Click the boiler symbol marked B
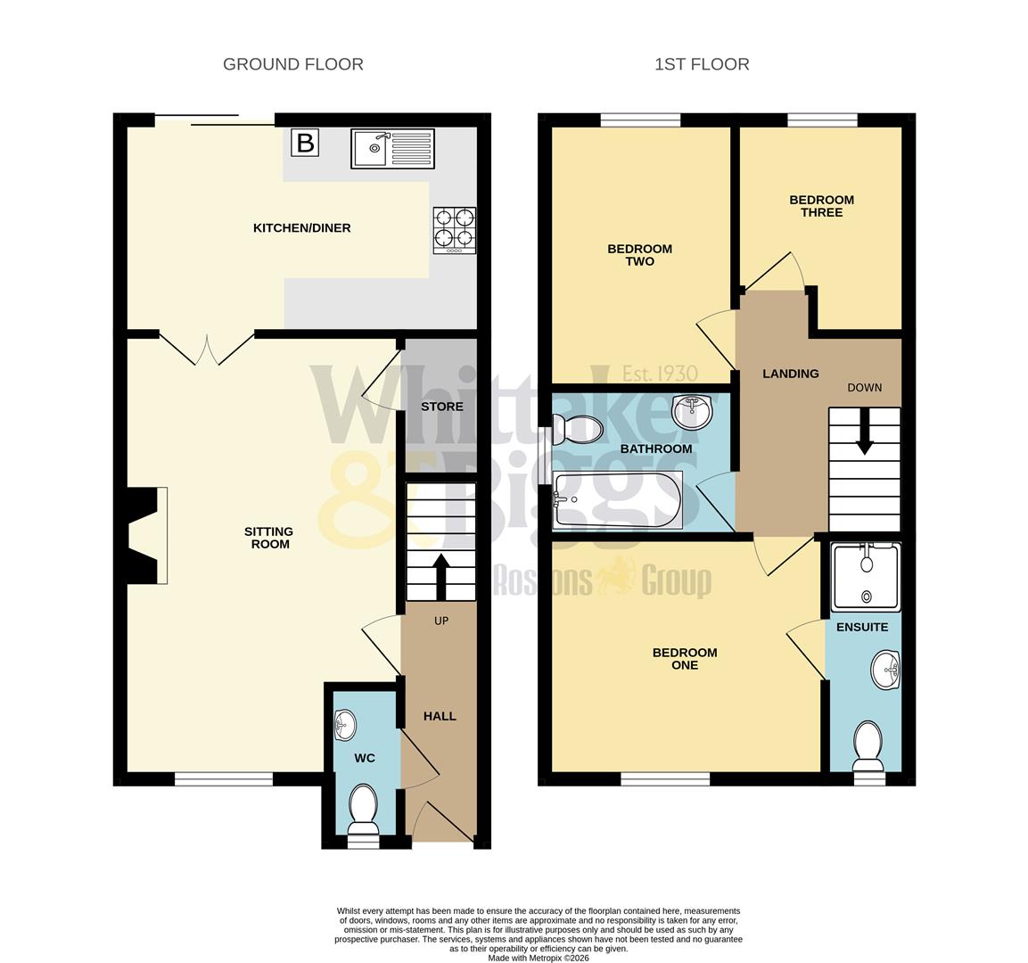tap(305, 143)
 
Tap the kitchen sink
tap(392, 148)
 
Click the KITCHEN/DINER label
tap(302, 228)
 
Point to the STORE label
tap(442, 407)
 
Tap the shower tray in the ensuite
tap(864, 578)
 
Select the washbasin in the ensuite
tap(885, 669)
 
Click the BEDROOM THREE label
tap(821, 206)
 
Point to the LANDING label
tap(790, 374)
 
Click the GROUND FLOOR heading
tap(292, 64)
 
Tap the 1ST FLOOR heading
tap(702, 64)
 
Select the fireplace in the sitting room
tap(146, 535)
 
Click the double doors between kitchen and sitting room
tap(207, 348)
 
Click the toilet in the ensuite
tap(867, 745)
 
